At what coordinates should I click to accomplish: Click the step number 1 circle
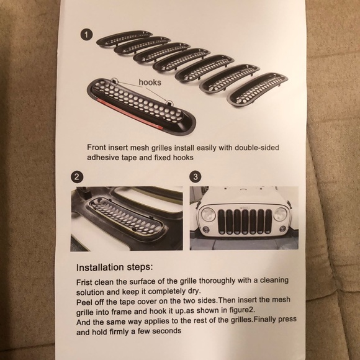(86, 35)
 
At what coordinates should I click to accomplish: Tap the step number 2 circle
(77, 177)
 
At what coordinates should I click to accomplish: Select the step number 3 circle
(196, 177)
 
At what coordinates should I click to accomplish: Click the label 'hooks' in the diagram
(150, 82)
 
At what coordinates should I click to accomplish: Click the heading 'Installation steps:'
(114, 268)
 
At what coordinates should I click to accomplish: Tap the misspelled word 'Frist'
(84, 282)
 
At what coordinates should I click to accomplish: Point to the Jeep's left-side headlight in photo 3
(208, 214)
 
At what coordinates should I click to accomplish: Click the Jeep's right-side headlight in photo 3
(280, 214)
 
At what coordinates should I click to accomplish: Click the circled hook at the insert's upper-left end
(115, 81)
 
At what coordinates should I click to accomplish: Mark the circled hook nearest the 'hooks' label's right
(169, 103)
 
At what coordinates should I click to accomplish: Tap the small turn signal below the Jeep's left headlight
(205, 229)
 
